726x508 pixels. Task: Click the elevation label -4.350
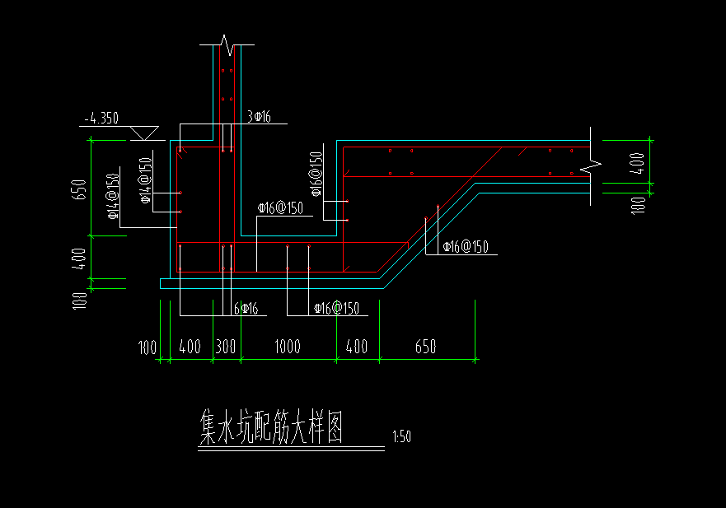point(103,119)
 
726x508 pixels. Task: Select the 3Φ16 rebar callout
point(260,118)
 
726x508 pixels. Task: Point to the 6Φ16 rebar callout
point(246,309)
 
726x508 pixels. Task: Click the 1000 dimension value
point(287,347)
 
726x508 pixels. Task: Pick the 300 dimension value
point(226,347)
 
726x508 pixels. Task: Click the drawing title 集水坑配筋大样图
point(271,427)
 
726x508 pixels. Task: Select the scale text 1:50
point(402,437)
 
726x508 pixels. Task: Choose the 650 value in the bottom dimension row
point(425,347)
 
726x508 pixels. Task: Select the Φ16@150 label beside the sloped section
point(466,247)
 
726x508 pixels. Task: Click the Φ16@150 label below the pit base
point(336,309)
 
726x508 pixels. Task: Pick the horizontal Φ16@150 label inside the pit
point(280,208)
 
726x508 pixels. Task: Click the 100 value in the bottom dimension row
point(148,347)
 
